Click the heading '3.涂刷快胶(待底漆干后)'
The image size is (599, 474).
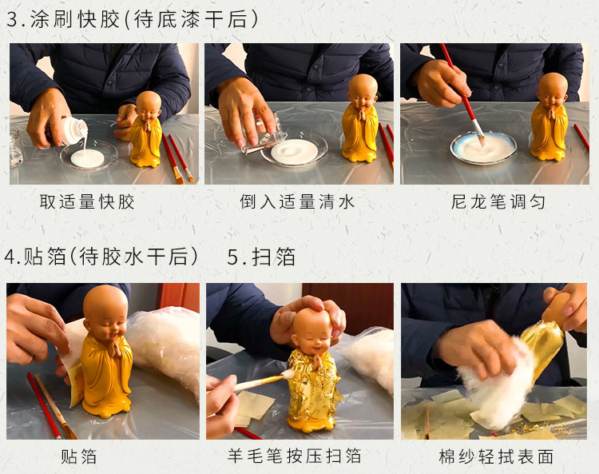(132, 18)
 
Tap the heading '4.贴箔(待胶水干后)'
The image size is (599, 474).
(101, 256)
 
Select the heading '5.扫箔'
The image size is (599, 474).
(261, 257)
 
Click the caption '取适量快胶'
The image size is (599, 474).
(87, 202)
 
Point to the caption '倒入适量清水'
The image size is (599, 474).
(297, 202)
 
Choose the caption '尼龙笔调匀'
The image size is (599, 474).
(498, 202)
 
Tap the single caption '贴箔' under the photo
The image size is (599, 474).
(79, 456)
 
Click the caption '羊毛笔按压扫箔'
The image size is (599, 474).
(294, 456)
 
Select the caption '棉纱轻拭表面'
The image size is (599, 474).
(496, 456)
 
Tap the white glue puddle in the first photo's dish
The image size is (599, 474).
(88, 158)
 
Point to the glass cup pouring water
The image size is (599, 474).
(264, 133)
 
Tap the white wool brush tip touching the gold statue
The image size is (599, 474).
(288, 373)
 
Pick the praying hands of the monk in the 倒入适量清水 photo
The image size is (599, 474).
(361, 114)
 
